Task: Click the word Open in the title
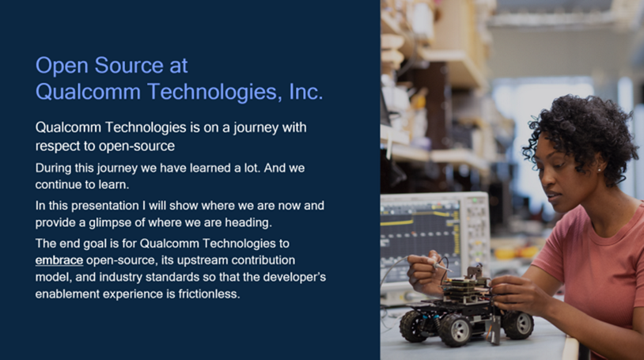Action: [x=60, y=65]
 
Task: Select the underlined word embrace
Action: [x=59, y=260]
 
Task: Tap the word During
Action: [x=53, y=168]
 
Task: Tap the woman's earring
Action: [x=599, y=169]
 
